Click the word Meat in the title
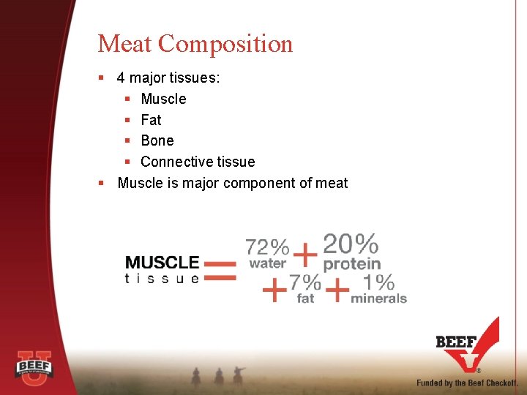125,44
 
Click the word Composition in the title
225,45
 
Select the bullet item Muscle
163,99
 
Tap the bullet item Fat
151,120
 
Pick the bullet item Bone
157,140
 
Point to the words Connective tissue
198,162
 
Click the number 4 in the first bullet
121,78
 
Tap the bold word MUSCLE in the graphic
162,262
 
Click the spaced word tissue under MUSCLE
162,278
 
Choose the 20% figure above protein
351,244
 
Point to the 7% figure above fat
304,282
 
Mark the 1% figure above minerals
378,282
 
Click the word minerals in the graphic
378,298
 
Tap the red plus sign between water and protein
305,255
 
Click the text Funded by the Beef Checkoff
467,383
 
